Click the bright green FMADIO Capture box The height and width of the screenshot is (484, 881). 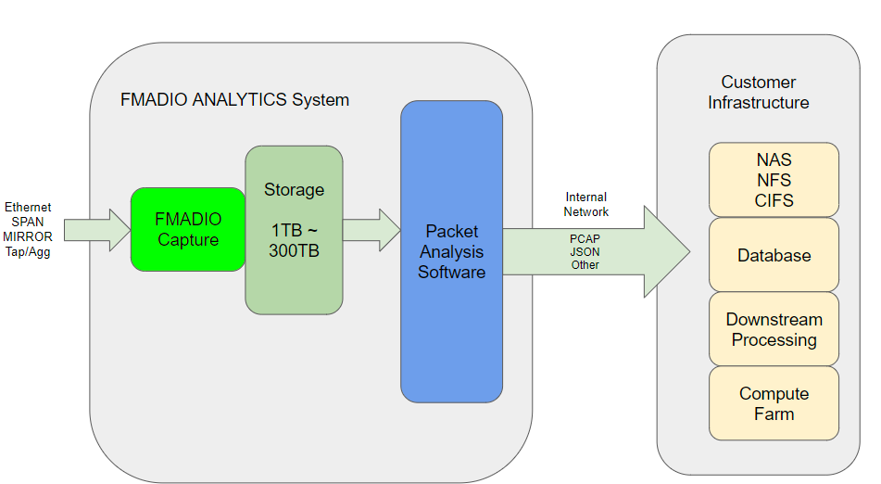click(189, 229)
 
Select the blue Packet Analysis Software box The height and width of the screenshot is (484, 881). click(451, 251)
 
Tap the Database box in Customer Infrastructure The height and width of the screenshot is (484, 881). click(774, 255)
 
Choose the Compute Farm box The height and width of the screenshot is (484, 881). click(774, 403)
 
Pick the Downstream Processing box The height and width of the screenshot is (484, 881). click(774, 329)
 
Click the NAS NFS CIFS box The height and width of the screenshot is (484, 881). click(774, 180)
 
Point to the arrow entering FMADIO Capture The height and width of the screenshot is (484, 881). click(97, 230)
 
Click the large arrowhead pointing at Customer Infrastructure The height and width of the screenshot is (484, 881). click(665, 251)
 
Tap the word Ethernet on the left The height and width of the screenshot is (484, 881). click(28, 207)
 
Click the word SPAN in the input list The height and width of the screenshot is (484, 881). click(28, 222)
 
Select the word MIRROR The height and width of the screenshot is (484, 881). click(28, 236)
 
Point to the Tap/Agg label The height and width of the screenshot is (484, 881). click(28, 251)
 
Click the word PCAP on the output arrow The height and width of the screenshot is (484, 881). click(585, 238)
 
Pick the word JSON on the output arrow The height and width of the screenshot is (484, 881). click(585, 251)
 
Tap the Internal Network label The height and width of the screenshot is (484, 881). click(585, 204)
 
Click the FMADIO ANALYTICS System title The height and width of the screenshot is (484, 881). click(234, 99)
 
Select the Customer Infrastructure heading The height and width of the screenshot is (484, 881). click(758, 93)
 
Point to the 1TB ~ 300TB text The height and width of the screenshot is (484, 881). click(294, 240)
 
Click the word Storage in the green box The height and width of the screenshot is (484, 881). click(294, 189)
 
